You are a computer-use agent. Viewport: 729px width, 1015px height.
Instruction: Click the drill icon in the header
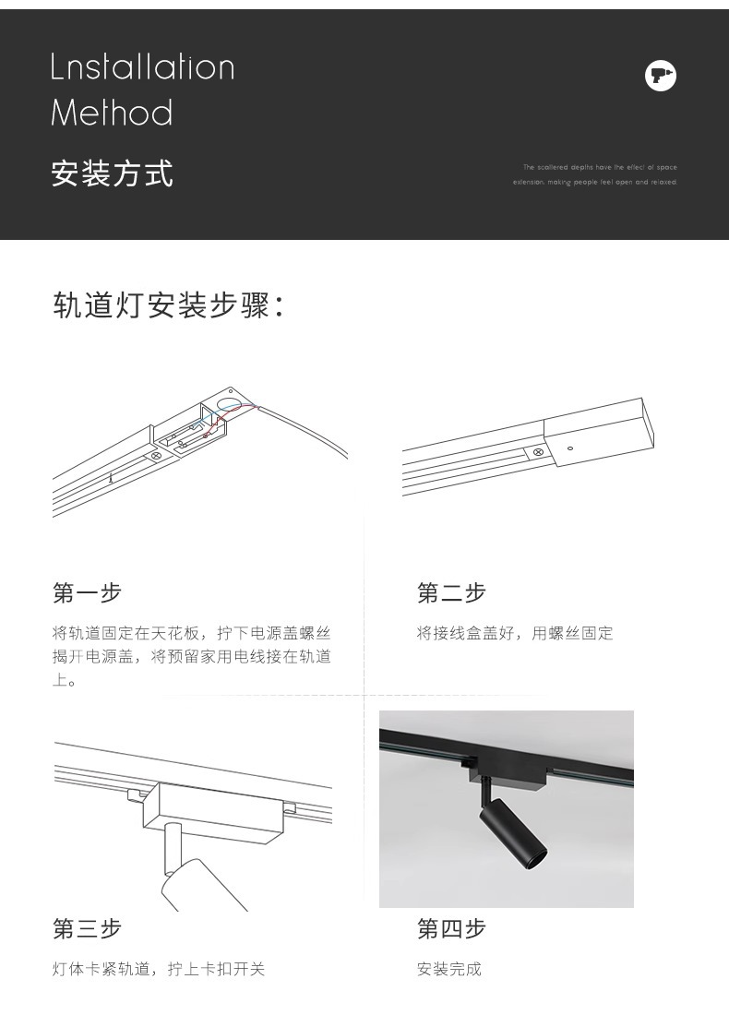coord(660,76)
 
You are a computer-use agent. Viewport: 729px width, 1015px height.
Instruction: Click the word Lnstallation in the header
coord(143,67)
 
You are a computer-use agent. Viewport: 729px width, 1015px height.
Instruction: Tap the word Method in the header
coord(112,113)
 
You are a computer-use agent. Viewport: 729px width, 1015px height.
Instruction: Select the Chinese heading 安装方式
coord(112,173)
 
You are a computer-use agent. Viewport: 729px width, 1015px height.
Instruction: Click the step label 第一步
coord(87,592)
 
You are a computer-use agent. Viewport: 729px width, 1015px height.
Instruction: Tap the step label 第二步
coord(451,592)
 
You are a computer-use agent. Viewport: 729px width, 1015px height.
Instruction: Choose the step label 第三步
coord(87,928)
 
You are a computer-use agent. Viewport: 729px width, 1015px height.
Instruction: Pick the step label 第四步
coord(451,928)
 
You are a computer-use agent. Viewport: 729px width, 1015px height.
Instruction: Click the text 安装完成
coord(448,969)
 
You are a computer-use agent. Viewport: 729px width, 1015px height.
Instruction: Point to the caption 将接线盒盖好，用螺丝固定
coord(514,633)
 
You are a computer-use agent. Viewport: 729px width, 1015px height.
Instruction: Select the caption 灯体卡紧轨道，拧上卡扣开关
coord(158,969)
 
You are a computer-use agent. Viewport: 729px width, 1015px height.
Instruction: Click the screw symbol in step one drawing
coord(157,455)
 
